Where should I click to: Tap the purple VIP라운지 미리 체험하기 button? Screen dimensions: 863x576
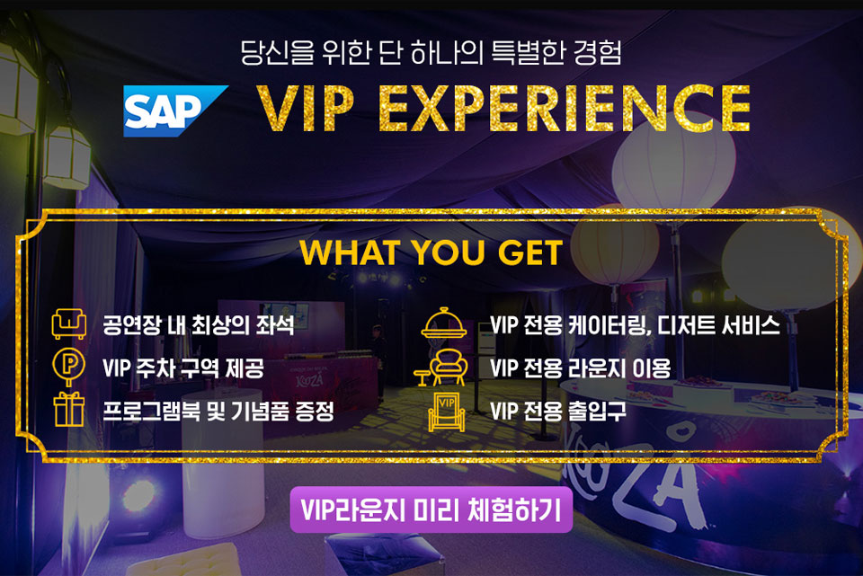(x=431, y=510)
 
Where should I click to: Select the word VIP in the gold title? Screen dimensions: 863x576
(x=306, y=109)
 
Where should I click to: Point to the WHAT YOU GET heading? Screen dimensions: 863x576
(x=431, y=253)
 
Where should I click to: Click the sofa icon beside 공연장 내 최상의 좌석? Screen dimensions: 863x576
(x=69, y=323)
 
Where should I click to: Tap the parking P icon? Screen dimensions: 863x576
(x=69, y=367)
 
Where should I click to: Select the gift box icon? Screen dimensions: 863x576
(x=69, y=409)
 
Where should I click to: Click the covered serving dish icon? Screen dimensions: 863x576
(x=443, y=323)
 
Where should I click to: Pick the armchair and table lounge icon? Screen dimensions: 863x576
(x=441, y=367)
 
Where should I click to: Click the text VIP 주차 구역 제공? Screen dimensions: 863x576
(x=183, y=368)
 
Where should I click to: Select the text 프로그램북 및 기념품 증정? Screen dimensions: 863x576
(x=218, y=411)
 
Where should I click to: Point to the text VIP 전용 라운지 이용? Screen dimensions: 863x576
(x=580, y=368)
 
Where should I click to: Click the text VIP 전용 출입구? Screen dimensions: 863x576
(x=557, y=411)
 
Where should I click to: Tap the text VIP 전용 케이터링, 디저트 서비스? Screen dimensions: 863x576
(x=635, y=325)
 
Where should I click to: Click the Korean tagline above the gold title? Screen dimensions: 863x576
(x=431, y=53)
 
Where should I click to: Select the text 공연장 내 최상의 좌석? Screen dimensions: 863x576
(x=198, y=325)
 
